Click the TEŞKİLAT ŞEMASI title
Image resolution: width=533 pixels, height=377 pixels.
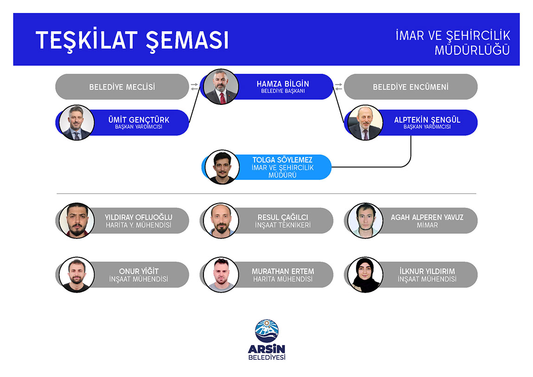click(x=132, y=41)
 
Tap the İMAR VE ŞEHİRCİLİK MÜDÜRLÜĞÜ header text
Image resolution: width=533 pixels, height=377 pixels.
click(x=453, y=43)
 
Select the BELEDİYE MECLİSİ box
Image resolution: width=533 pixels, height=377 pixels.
click(x=122, y=87)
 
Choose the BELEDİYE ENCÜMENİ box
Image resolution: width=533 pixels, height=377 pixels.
click(x=411, y=87)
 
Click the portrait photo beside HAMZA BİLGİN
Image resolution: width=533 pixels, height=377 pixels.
click(x=221, y=87)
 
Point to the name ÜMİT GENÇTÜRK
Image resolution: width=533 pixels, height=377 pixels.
click(x=139, y=120)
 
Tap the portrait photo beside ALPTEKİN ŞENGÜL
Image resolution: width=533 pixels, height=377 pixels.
click(x=365, y=122)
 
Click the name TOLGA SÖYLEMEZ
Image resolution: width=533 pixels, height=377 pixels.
click(x=282, y=160)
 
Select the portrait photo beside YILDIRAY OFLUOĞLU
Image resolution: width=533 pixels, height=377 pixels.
click(x=76, y=221)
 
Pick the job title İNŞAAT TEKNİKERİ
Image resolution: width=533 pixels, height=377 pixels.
click(x=283, y=225)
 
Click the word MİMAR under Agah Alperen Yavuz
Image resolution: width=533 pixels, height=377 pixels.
click(x=427, y=225)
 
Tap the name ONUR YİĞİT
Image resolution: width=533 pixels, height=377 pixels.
click(x=139, y=271)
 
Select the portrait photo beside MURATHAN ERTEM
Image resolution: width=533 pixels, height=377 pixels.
click(x=221, y=275)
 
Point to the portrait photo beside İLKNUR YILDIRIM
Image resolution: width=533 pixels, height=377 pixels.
click(x=365, y=275)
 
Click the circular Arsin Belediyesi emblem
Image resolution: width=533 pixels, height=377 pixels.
click(x=267, y=331)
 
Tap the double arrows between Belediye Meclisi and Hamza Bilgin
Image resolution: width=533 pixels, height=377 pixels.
click(x=194, y=87)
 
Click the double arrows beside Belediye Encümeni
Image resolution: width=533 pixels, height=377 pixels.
click(x=338, y=87)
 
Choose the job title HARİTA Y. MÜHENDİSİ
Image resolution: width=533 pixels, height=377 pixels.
click(x=139, y=225)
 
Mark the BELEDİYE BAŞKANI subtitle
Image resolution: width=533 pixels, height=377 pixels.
click(x=283, y=91)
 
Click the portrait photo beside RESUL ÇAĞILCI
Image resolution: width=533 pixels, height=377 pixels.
click(x=221, y=221)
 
